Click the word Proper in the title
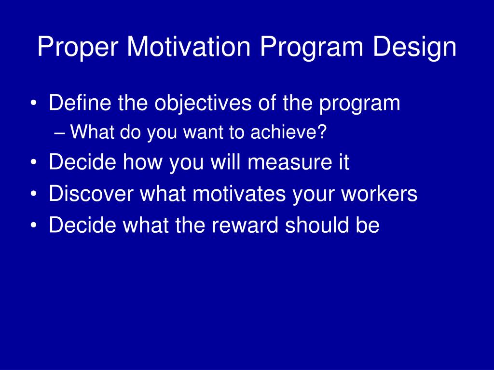pos(78,48)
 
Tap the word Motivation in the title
pos(189,47)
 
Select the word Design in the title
pos(414,48)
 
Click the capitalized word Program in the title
pos(311,48)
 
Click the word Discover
pos(91,193)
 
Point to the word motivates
pos(239,193)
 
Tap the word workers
pos(380,193)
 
